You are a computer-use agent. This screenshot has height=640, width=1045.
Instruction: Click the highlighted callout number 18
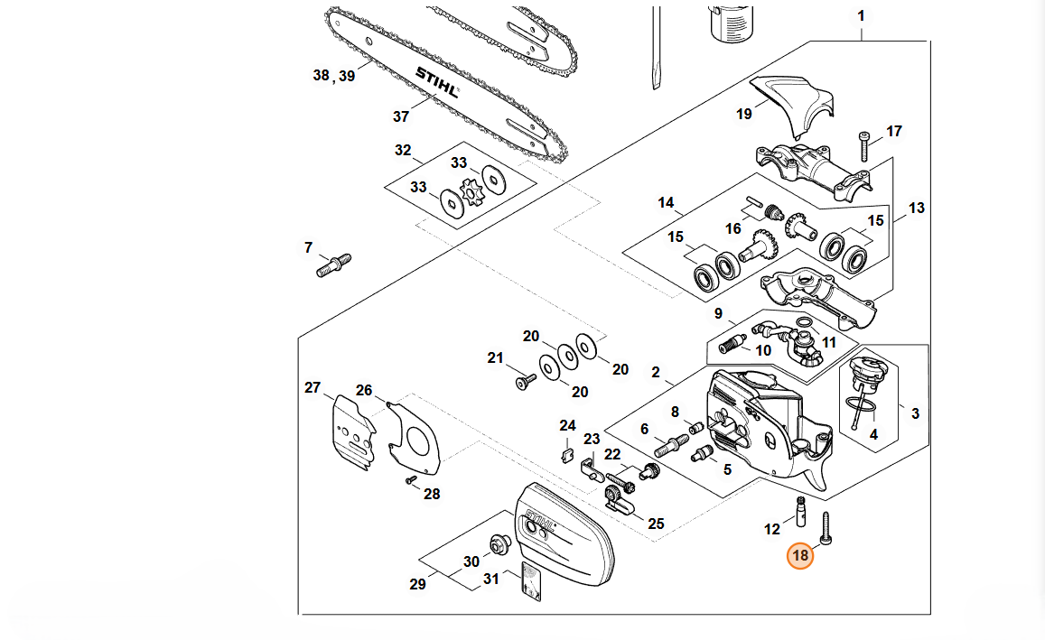tap(800, 555)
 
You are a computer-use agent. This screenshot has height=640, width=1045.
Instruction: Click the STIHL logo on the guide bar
tap(436, 81)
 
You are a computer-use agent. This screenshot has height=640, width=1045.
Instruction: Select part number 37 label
tap(401, 116)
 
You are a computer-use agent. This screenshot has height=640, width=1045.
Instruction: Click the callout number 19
tap(744, 114)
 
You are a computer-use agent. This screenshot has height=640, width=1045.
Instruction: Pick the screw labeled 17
tap(864, 143)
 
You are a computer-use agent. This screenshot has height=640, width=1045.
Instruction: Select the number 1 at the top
tap(861, 16)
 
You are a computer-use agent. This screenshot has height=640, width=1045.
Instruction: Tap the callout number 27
tap(313, 388)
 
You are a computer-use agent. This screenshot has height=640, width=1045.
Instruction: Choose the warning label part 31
tap(530, 582)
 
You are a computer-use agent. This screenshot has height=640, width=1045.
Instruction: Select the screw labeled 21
tap(524, 383)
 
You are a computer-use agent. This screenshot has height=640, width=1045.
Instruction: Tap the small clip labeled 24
tap(566, 452)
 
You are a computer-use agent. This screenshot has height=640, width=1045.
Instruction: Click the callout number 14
tap(666, 202)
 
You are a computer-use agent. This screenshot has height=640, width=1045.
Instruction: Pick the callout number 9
tap(718, 314)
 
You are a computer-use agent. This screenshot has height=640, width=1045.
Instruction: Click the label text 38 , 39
tap(334, 76)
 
